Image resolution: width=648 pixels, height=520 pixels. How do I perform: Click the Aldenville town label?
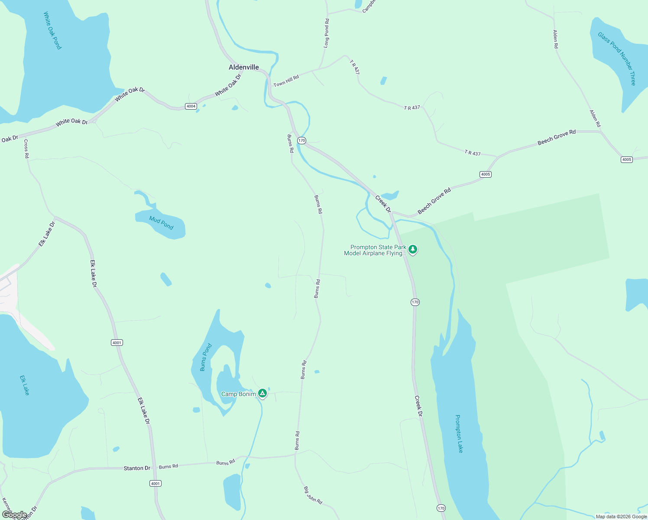point(244,67)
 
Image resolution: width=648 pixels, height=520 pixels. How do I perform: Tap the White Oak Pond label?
point(52,30)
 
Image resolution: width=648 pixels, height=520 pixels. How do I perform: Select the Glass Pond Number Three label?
point(617,58)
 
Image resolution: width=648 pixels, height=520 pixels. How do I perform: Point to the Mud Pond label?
point(161,223)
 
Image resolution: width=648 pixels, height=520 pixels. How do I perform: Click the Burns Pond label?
point(206,357)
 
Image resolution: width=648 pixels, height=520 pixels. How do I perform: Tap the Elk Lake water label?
point(25,385)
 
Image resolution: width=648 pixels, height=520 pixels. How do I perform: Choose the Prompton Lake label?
point(459,433)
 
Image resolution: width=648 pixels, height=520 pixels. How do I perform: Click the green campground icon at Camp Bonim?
point(262,393)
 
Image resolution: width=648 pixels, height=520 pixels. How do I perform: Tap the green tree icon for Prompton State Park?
point(413,249)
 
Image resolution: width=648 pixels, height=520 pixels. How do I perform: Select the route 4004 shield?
point(191,106)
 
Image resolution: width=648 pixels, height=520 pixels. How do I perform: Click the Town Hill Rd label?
point(286,81)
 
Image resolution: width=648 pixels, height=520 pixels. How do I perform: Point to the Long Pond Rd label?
point(327,33)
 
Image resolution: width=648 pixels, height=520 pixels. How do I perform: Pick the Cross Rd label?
point(26,149)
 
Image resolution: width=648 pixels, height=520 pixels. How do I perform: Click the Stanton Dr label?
point(137,468)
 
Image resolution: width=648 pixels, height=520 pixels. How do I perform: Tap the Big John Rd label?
point(313,495)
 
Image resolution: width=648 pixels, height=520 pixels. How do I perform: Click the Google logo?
point(14,515)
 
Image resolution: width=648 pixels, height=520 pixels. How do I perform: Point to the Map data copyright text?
point(621,517)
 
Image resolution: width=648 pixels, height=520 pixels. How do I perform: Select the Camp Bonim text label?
point(238,394)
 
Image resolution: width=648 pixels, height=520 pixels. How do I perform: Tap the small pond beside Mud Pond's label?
point(166,279)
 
